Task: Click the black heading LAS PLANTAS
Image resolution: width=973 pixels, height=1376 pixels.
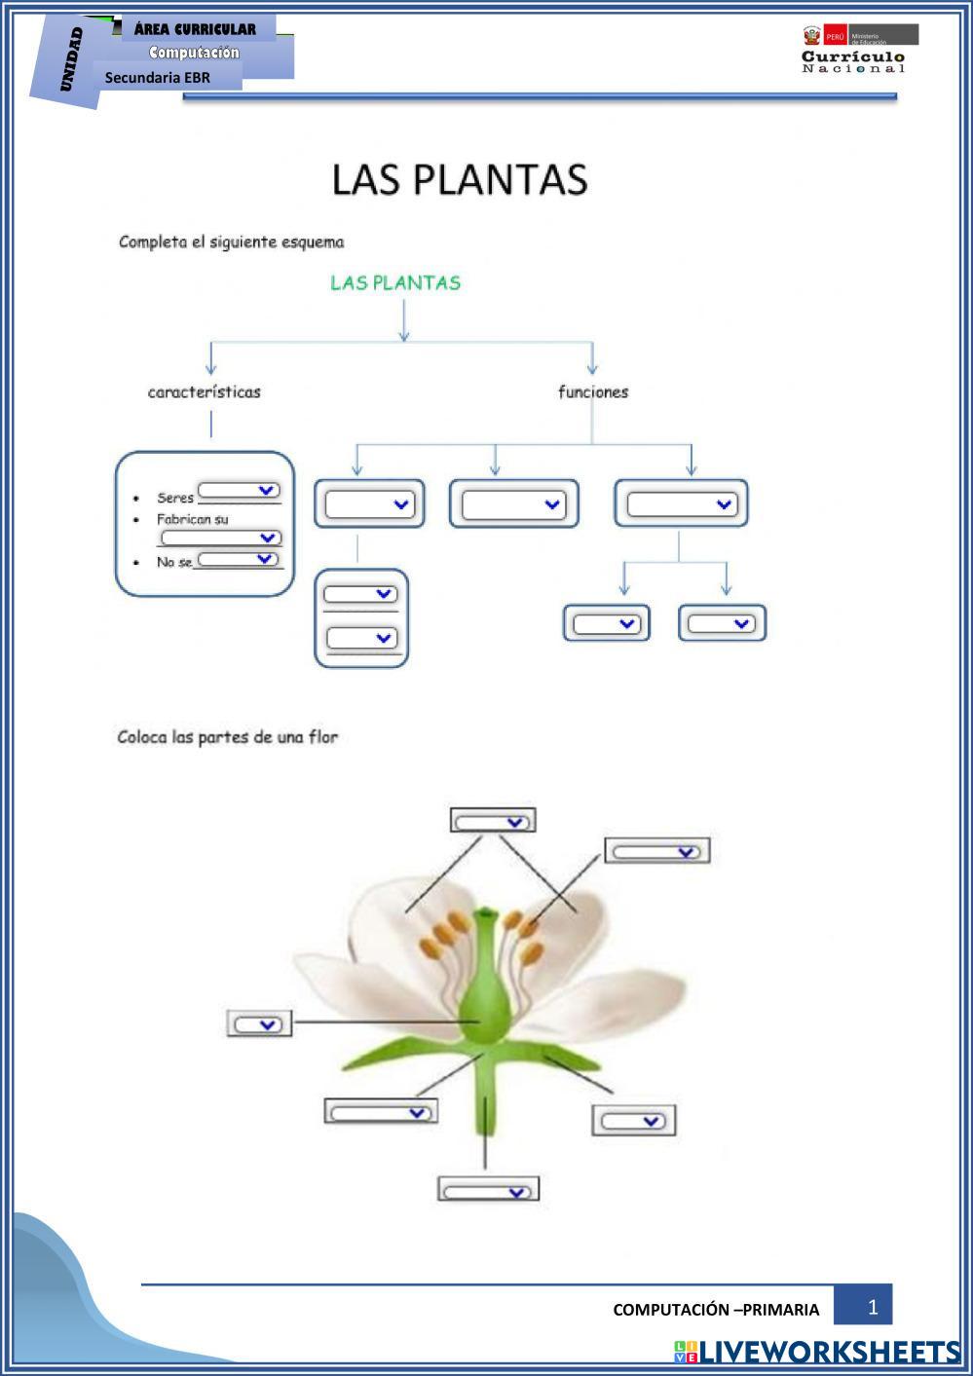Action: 460,180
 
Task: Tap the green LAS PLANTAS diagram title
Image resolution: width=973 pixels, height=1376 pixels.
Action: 395,283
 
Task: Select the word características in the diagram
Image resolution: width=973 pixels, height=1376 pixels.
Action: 205,392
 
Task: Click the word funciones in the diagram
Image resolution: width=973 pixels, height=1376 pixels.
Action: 593,392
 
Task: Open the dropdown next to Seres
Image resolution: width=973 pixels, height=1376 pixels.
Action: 240,490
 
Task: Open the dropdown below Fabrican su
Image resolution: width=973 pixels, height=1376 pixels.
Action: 221,538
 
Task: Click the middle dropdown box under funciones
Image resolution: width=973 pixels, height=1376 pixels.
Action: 513,503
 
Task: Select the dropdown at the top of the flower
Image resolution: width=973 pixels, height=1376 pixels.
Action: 493,821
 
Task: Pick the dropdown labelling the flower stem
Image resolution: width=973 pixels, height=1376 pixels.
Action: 488,1190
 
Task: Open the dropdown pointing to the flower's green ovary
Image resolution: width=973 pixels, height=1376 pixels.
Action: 259,1023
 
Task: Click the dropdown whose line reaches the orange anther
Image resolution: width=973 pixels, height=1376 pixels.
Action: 657,851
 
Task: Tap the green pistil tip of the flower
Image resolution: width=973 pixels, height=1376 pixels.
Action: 486,915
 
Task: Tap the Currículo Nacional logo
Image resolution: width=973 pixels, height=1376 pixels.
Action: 854,49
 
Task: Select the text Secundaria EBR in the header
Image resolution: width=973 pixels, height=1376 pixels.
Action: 158,77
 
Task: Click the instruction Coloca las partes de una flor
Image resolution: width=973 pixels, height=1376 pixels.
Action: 228,737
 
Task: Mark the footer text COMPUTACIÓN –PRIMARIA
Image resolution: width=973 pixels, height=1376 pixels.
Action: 716,1310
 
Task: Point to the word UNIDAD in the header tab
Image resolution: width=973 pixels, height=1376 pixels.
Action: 71,60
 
